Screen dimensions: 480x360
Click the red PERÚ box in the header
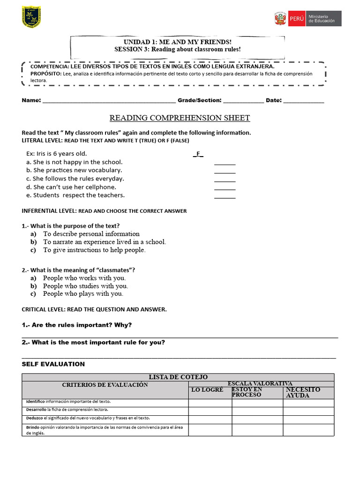coord(296,19)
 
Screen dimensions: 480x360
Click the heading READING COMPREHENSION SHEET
coord(180,118)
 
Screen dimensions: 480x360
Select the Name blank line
coord(109,100)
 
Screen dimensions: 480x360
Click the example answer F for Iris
coord(198,154)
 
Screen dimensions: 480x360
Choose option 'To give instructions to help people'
coord(94,250)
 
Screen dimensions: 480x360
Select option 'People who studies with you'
coord(85,286)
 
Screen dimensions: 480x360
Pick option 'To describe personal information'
coord(91,234)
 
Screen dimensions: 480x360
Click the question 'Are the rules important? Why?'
coord(77,325)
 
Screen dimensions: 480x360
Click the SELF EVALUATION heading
coord(53,364)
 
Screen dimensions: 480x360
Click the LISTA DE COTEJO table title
coord(178,377)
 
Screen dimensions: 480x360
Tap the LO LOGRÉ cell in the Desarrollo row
coord(210,411)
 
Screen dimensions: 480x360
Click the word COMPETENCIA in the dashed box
coord(49,67)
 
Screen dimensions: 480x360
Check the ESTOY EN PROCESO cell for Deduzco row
coord(257,419)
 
